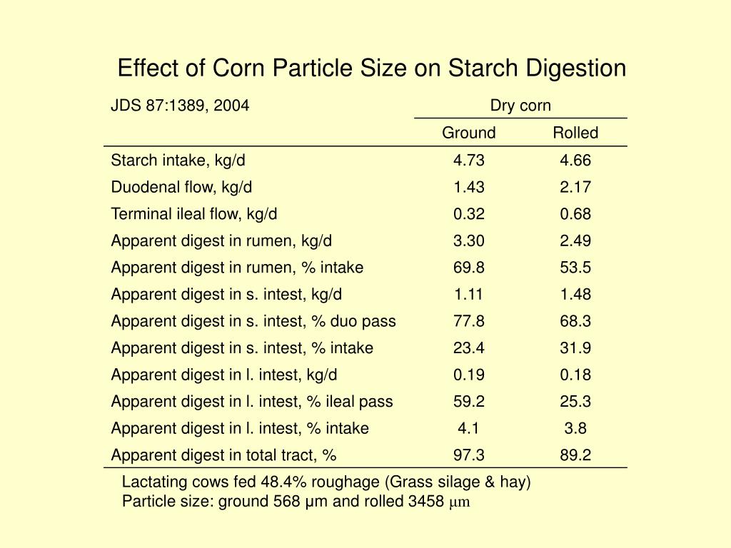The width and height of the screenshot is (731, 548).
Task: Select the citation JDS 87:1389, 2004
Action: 180,106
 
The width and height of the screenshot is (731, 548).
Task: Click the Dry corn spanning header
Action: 520,106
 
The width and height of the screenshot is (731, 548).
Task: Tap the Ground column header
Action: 468,133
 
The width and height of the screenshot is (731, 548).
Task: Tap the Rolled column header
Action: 575,133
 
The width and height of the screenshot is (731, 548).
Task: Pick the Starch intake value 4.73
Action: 468,160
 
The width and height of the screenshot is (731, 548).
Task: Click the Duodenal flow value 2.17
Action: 575,187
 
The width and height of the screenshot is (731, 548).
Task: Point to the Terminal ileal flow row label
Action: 193,214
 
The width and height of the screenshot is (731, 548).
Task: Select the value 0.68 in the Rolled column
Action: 575,214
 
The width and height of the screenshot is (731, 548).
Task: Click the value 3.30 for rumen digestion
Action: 468,240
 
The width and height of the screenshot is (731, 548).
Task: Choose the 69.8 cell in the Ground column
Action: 468,268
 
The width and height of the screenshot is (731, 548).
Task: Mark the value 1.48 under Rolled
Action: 575,294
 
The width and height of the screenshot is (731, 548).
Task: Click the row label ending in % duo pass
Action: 253,321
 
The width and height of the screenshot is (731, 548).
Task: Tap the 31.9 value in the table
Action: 575,348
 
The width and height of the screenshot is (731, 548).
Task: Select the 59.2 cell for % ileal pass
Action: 468,402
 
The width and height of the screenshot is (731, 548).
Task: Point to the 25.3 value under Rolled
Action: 575,402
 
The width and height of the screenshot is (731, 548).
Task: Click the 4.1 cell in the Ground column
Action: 468,428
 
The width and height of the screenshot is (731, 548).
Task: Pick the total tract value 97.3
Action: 468,455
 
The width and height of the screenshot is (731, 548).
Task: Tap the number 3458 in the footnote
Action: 426,501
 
